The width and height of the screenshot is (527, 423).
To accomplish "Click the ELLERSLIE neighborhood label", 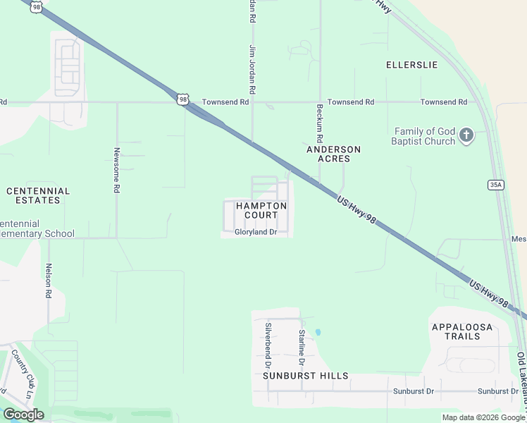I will coord(411,65).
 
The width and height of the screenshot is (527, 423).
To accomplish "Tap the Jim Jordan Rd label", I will coord(252,70).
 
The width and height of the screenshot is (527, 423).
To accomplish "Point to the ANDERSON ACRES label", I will coord(334,154).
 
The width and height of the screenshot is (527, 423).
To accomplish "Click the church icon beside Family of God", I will coord(466,135).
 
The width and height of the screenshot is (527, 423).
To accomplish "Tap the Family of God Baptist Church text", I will coord(425,136).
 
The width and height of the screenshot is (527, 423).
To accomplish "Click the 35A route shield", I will coord(495,185).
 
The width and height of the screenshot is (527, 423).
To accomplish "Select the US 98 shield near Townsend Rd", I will coord(183,100).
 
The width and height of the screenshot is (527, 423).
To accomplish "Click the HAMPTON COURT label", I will coord(261,210).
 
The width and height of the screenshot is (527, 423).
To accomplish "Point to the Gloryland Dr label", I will coord(256,232).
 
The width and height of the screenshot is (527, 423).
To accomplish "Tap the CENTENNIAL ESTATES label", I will coord(38,195).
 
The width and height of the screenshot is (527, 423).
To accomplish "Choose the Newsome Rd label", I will coord(117,171).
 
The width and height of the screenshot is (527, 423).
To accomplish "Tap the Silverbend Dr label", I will coord(268,346).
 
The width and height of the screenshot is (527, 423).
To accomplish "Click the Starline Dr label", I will coord(301,346).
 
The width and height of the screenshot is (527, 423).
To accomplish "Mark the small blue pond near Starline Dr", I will coord(318,331).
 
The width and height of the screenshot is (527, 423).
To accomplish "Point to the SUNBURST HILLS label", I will coord(306,376).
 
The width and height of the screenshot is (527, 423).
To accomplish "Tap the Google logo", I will coord(23,415).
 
